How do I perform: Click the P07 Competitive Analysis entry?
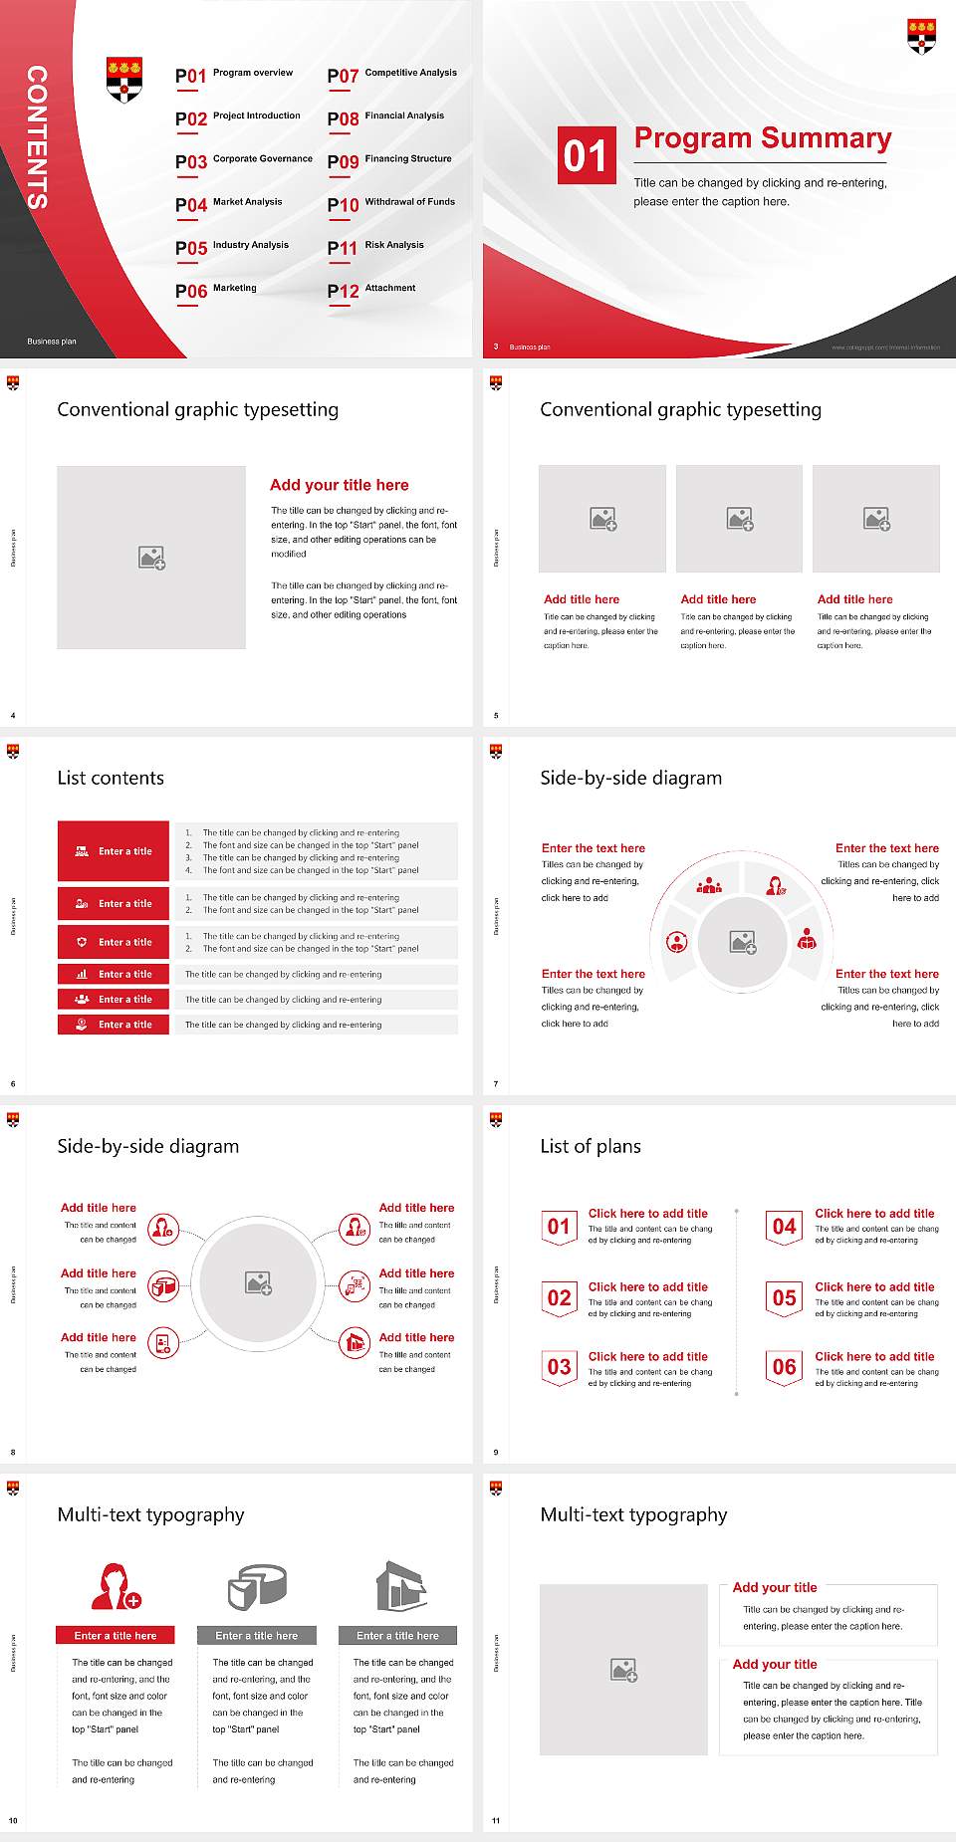click(x=392, y=75)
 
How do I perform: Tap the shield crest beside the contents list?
click(x=124, y=80)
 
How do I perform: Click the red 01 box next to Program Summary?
click(x=586, y=155)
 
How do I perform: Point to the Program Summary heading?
click(x=762, y=138)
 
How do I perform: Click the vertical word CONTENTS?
click(x=37, y=137)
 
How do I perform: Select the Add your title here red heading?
click(x=339, y=485)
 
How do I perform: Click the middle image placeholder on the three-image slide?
click(x=739, y=519)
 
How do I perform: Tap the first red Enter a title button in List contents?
click(x=114, y=851)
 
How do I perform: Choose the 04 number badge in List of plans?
click(x=784, y=1227)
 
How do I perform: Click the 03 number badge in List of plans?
click(x=559, y=1367)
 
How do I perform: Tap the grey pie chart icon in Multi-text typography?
click(x=257, y=1586)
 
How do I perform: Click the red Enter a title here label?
click(x=115, y=1635)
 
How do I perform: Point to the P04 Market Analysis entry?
click(x=229, y=204)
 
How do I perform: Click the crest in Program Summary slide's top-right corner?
click(x=921, y=36)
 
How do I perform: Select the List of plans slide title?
click(x=591, y=1146)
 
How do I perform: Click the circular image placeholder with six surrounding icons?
click(x=258, y=1282)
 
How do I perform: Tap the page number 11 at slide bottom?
click(x=496, y=1820)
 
